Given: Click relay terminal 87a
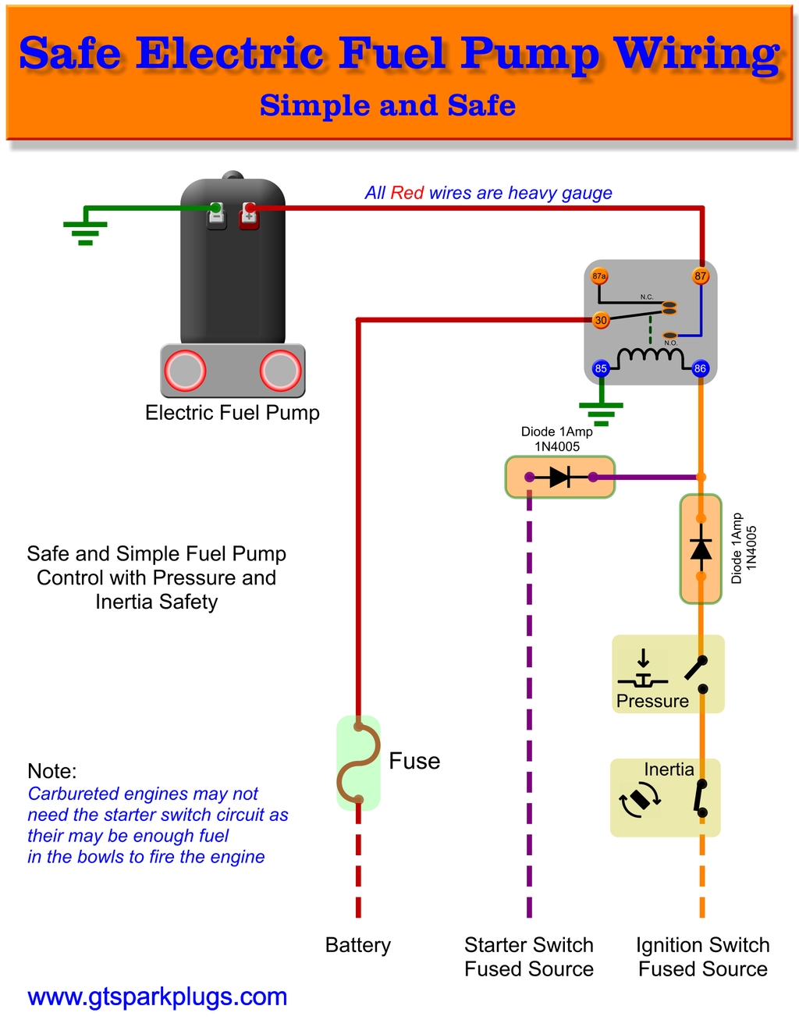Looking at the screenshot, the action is [x=599, y=276].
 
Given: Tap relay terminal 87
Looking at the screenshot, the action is [x=701, y=276].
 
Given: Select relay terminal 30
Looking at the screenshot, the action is [x=601, y=320].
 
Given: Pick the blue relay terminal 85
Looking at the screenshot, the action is [x=601, y=368].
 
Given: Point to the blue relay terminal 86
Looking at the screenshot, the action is [x=700, y=368].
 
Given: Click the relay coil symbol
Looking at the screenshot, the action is [x=650, y=357].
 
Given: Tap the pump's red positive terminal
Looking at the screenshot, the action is [x=249, y=214].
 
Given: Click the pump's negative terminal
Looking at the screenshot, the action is [x=216, y=214].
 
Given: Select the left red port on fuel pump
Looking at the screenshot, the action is [x=185, y=371].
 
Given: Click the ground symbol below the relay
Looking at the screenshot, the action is [x=601, y=412].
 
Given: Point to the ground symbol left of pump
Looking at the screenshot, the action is [x=85, y=232].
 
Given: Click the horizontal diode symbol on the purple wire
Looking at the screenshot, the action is [x=560, y=477].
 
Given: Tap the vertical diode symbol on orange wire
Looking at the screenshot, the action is [x=701, y=549].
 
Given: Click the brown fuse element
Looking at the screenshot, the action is [x=358, y=762].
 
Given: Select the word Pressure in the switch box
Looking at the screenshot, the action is [x=652, y=701].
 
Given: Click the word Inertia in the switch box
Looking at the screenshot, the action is [x=669, y=769].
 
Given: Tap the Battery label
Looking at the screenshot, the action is [x=357, y=945].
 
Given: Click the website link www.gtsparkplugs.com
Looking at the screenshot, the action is [x=157, y=997].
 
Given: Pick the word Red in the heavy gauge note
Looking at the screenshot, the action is [x=407, y=193].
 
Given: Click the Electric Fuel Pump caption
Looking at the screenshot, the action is [x=233, y=413].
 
